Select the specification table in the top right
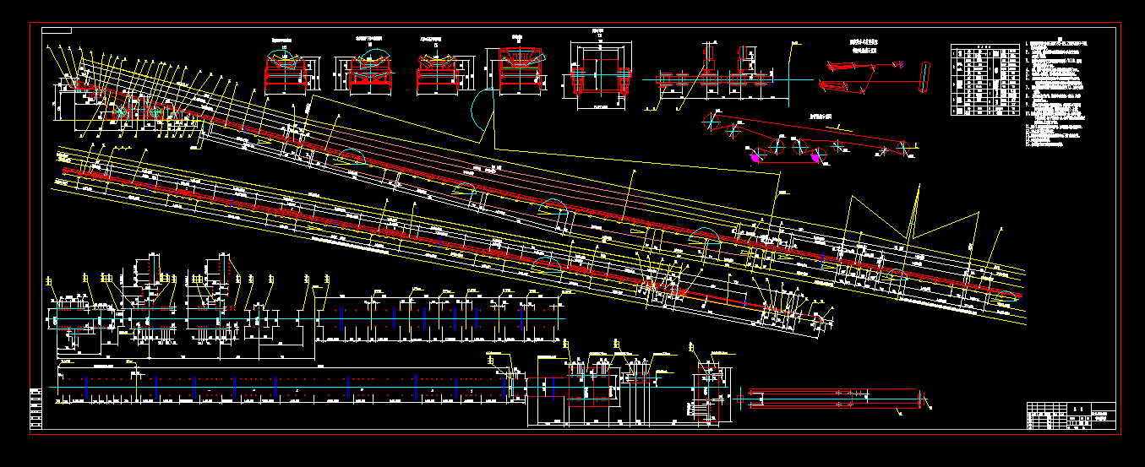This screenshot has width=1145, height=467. coord(984,79)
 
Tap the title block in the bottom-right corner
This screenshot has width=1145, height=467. coord(1071,415)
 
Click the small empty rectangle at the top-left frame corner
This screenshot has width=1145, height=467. coord(57,30)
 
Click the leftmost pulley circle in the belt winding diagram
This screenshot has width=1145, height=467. coord(712,124)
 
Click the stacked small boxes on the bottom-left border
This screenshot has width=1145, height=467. coord(35,408)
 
